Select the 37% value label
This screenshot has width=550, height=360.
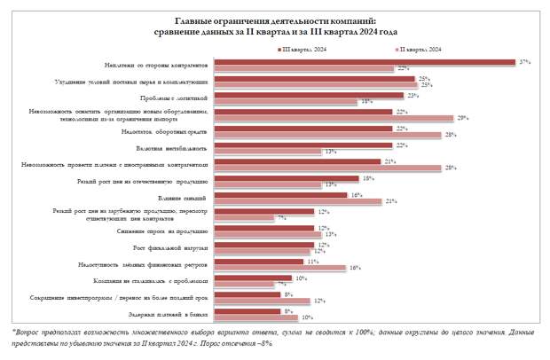tap(525, 62)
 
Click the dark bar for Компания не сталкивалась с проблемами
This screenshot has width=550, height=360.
tap(254, 278)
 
